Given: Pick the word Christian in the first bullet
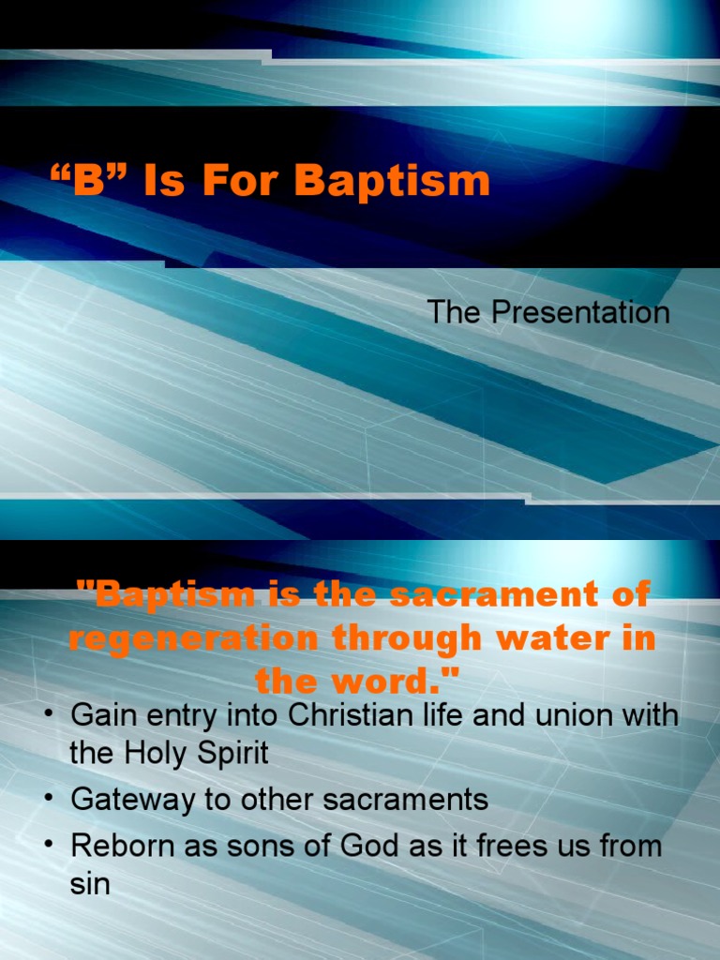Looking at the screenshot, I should point(352,716).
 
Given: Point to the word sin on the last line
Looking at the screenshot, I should point(90,883).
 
